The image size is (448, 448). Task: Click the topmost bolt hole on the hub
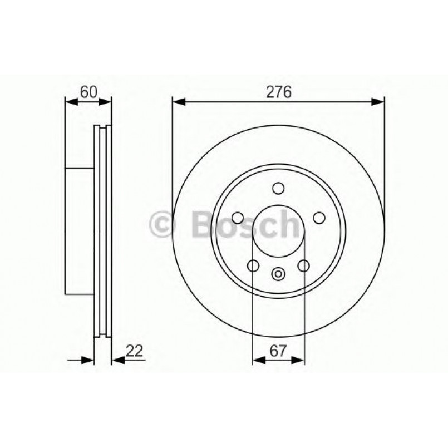coord(278,189)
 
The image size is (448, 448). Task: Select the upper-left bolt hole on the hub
coord(238,218)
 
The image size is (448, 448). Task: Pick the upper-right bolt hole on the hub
coord(319,218)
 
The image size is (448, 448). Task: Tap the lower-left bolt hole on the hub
coord(253,266)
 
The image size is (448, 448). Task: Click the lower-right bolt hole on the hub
coord(303,266)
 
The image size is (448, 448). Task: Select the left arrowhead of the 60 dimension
coord(71,101)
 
